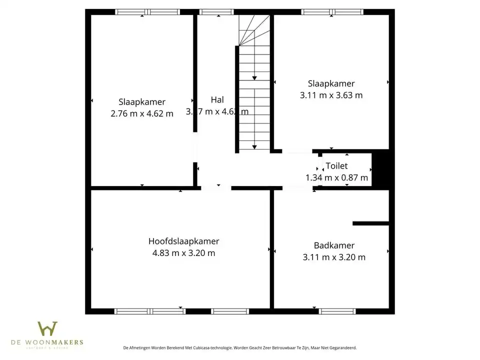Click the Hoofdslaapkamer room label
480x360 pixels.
tap(183, 241)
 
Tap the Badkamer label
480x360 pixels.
tap(334, 245)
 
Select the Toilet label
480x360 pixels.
tap(336, 166)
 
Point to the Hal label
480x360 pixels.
tap(217, 99)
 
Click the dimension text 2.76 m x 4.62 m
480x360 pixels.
tap(142, 113)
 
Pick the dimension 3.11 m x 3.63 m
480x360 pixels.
tap(331, 95)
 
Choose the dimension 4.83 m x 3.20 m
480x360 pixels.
tap(183, 253)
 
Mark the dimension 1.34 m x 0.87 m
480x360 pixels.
tap(336, 177)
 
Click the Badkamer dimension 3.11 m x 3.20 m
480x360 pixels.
tap(334, 257)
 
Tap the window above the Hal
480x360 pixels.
tap(216, 12)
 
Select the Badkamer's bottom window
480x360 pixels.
tap(337, 311)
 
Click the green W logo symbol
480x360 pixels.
tap(47, 329)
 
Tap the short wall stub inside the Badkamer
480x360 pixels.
tap(370, 223)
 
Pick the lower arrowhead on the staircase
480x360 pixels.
tap(254, 146)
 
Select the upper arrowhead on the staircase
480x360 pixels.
tap(254, 77)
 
